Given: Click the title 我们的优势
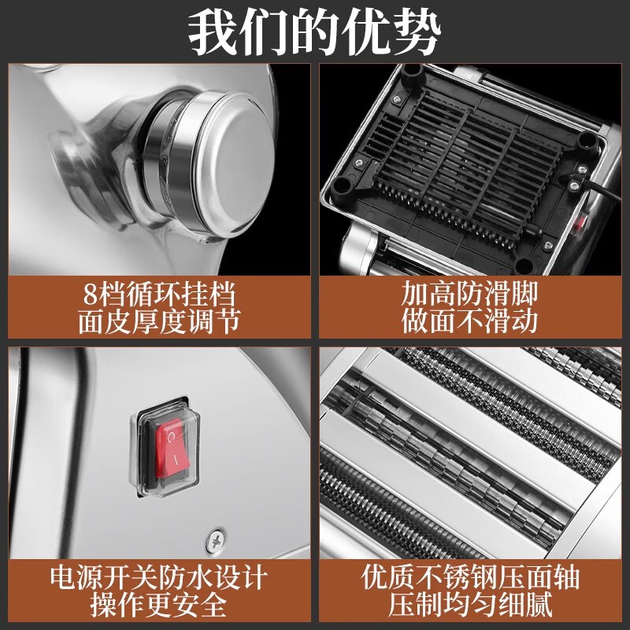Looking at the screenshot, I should (x=315, y=31).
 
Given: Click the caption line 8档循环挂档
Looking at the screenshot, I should (x=159, y=295).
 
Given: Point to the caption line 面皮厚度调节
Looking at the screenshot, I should (x=159, y=321).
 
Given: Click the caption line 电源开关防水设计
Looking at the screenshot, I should (x=159, y=577).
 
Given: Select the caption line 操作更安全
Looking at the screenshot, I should (x=159, y=605).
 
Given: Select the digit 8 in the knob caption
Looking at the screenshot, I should (x=92, y=295).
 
